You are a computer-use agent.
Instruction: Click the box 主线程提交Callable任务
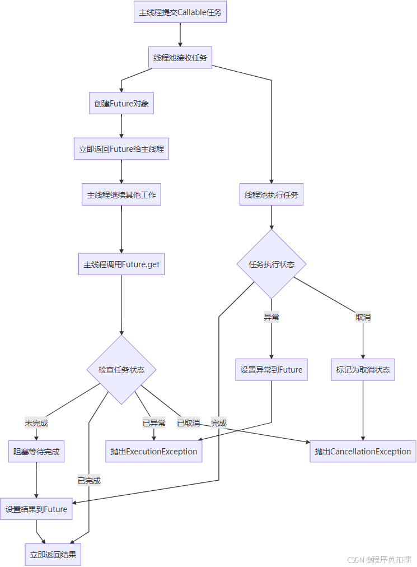(180, 12)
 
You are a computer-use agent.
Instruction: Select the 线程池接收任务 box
(180, 58)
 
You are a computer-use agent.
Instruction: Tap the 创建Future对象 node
(121, 104)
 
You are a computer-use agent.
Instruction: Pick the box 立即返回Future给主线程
(121, 149)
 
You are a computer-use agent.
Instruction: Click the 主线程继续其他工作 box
(121, 195)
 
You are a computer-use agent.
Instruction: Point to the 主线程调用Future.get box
(121, 264)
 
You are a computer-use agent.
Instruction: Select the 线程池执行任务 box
(271, 195)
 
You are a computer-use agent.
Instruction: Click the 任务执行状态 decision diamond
(271, 264)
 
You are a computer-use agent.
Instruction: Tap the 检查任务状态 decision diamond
(121, 370)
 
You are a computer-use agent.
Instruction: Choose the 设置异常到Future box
(271, 370)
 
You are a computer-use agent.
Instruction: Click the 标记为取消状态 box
(363, 370)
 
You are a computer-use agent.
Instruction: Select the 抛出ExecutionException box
(154, 452)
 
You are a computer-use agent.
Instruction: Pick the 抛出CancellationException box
(363, 452)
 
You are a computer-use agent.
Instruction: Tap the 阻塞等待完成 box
(36, 452)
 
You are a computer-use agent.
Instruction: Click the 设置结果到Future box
(36, 509)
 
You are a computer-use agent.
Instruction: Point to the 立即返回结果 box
(53, 555)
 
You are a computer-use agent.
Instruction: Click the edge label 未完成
(36, 423)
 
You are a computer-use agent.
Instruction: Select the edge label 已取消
(188, 423)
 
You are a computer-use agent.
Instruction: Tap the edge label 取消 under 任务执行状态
(363, 317)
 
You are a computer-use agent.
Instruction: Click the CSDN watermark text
(379, 559)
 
